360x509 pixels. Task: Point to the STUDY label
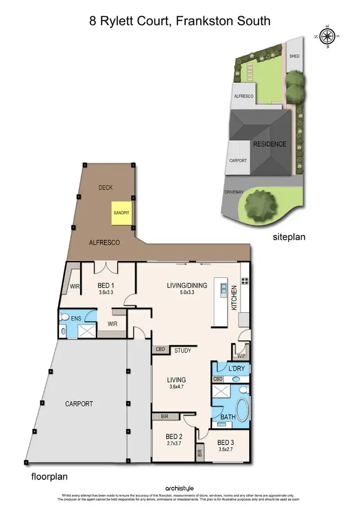(182, 351)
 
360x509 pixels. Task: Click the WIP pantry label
(241, 356)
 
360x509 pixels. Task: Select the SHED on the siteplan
(294, 56)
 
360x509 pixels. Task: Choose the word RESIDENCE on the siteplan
(270, 144)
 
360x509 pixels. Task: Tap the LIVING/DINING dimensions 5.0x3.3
(187, 292)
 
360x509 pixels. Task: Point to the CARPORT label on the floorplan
(79, 404)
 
